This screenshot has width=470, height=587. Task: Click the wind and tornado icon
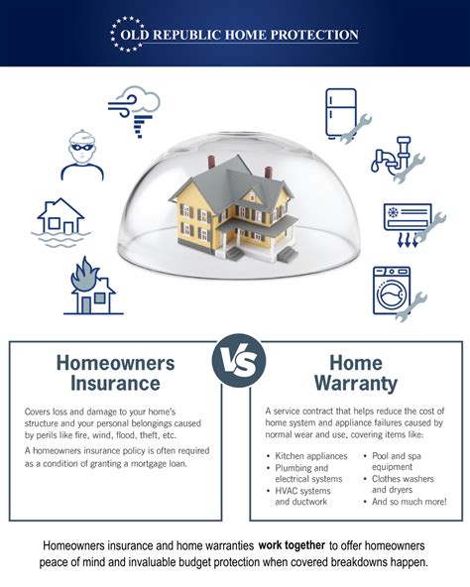pos(134,111)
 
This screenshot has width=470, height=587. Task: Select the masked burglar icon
pos(82,155)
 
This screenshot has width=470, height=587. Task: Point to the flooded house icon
pos(60,222)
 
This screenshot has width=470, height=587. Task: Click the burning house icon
pos(93,286)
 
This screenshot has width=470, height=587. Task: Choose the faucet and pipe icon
pos(398,159)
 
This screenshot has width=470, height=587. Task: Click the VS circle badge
pos(239,361)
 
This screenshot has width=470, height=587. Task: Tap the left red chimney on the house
pos(211,163)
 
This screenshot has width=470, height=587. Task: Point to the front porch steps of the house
pos(235,254)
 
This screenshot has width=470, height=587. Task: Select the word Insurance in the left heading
pos(115,384)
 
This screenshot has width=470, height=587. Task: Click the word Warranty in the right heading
pos(356,384)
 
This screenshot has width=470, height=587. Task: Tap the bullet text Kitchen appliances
pos(311,456)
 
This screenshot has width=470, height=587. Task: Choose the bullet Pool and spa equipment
pos(397,461)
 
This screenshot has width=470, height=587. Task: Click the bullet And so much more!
pos(409,502)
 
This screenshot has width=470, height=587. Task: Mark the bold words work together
pos(292,545)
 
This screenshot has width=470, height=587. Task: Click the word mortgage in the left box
pos(145,463)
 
